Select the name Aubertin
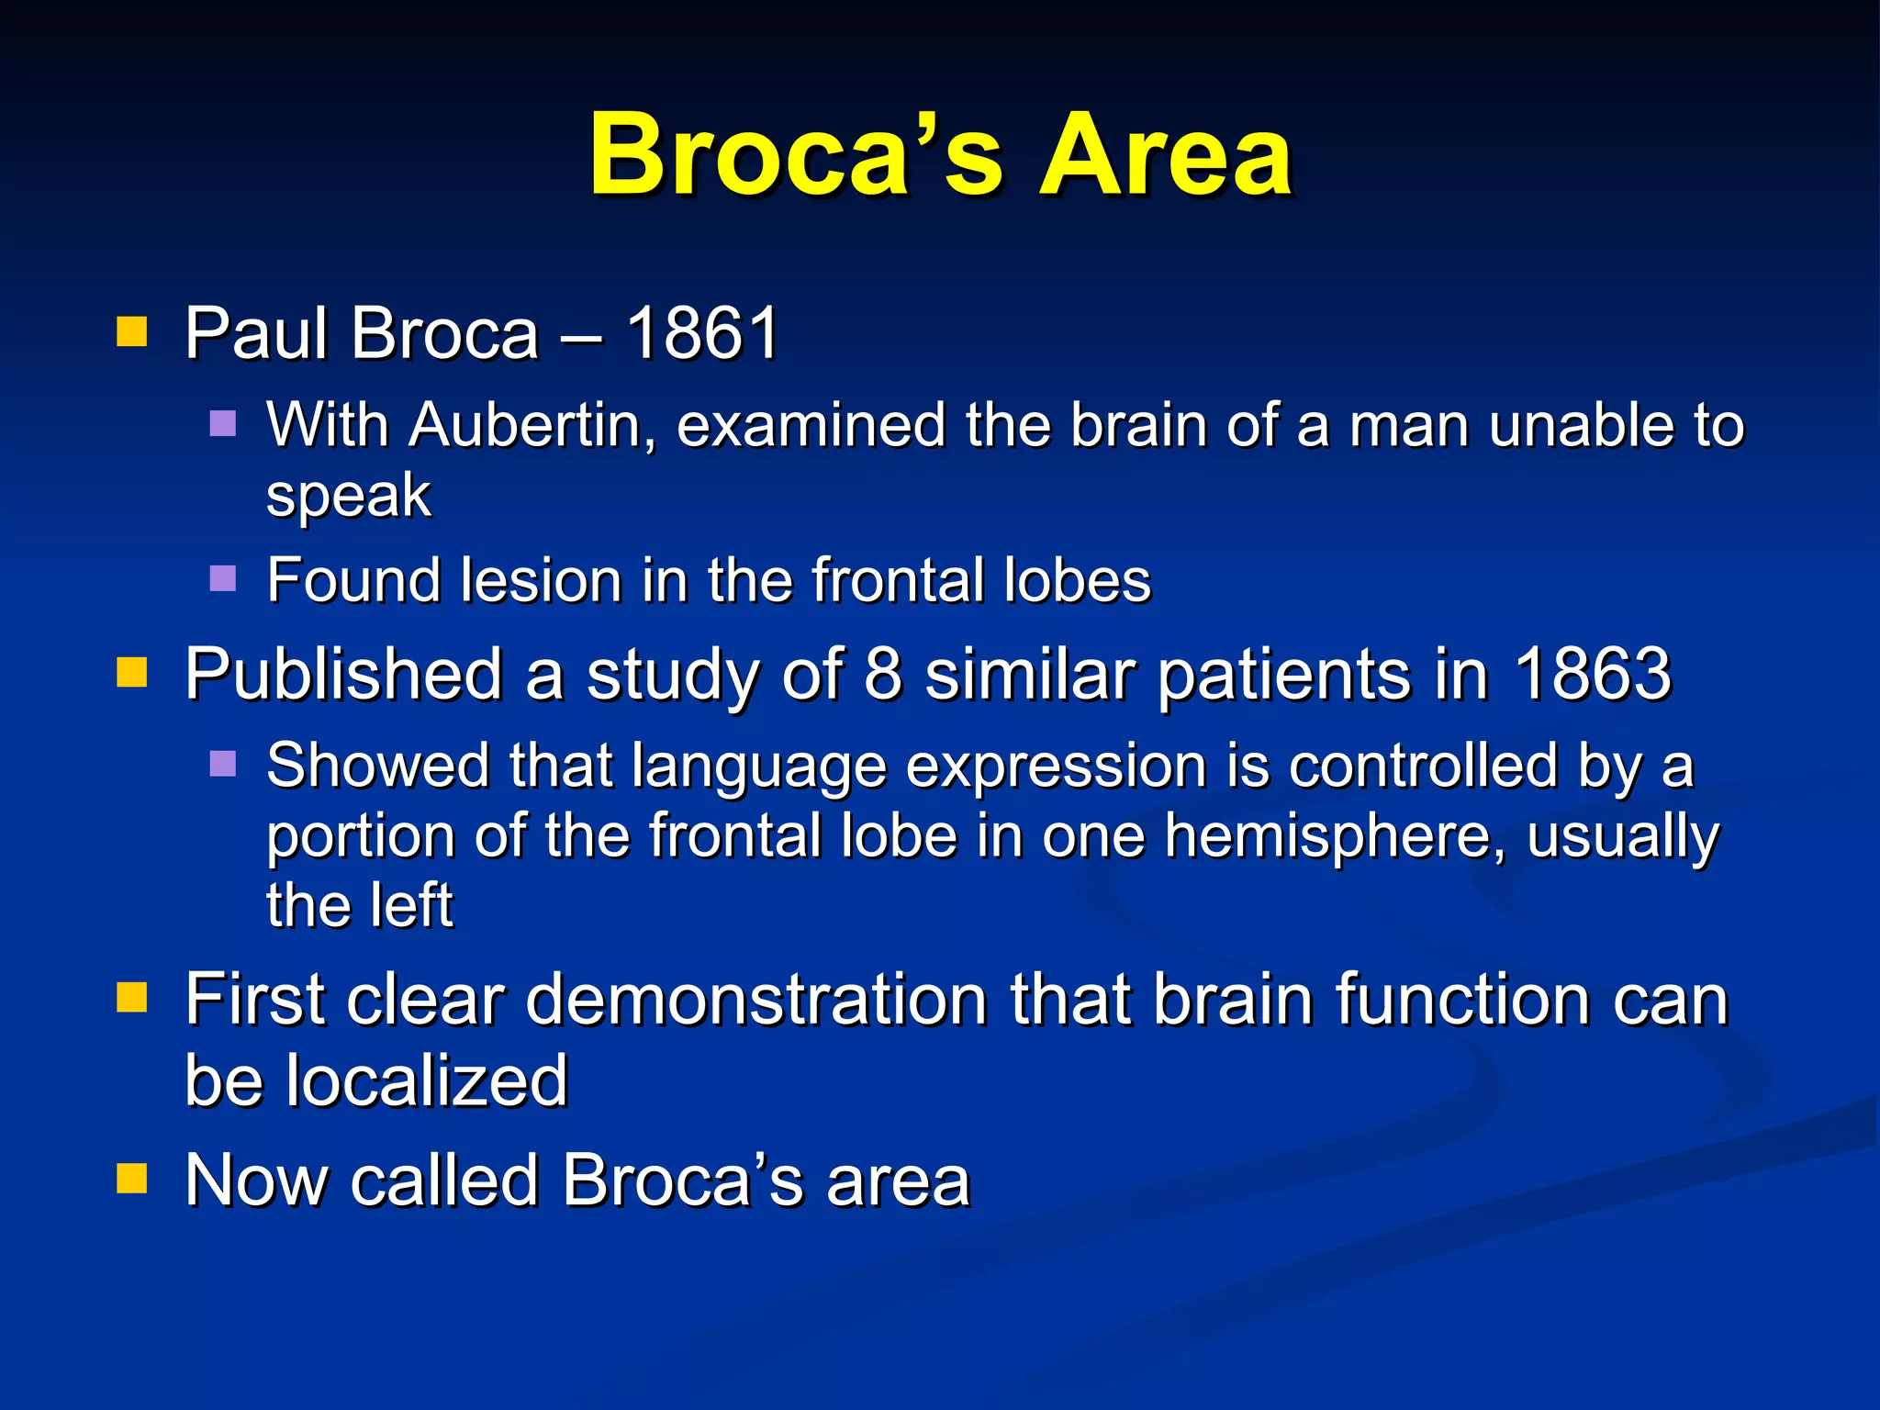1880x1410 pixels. [532, 426]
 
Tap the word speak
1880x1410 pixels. [348, 497]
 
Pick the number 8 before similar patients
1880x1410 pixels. [883, 675]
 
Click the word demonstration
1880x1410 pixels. [755, 1000]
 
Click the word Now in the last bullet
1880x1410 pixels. [255, 1181]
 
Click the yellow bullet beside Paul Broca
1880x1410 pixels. [132, 331]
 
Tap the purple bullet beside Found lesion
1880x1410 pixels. [223, 578]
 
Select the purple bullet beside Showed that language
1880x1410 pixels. [223, 764]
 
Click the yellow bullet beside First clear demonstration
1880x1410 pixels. [132, 997]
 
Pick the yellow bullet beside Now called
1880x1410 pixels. [132, 1178]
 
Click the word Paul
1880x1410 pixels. [256, 333]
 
